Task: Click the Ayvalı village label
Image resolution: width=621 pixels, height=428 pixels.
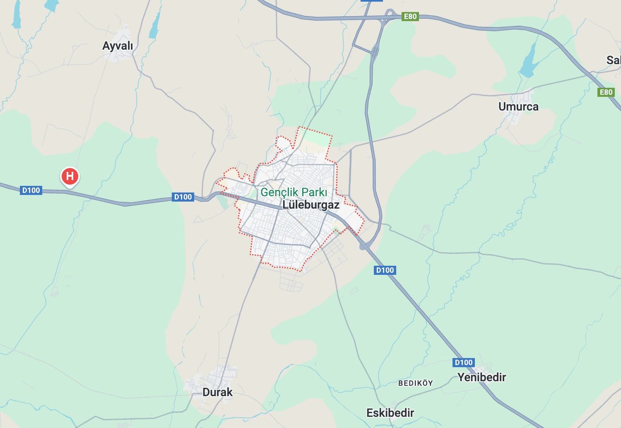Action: coord(118,46)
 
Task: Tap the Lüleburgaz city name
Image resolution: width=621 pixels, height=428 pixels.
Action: coord(310,204)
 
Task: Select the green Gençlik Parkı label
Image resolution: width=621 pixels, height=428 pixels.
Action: coord(294,192)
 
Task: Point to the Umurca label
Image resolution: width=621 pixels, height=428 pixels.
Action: coord(518,106)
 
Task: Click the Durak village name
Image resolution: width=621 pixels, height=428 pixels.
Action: coord(217,392)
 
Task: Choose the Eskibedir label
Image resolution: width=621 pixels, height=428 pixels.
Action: coord(390,413)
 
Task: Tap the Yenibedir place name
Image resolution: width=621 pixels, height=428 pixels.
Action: coord(481,377)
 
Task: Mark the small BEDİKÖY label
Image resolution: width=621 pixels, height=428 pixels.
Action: coord(415,383)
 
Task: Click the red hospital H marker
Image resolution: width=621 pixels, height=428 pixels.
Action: coord(70,176)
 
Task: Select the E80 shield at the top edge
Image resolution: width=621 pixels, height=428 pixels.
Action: coord(410,17)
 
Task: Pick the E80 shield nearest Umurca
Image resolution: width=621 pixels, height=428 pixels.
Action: coord(606,92)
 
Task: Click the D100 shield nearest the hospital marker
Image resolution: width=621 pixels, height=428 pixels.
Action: coord(31,190)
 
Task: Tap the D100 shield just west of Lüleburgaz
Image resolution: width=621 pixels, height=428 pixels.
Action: coord(183,197)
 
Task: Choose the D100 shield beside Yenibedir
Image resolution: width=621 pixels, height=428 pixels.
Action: coord(463,363)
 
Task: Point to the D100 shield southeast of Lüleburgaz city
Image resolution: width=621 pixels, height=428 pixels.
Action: coord(385,270)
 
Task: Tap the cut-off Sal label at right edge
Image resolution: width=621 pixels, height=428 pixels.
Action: coord(613,60)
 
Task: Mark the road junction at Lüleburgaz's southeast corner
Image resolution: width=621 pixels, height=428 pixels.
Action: coord(363,246)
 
